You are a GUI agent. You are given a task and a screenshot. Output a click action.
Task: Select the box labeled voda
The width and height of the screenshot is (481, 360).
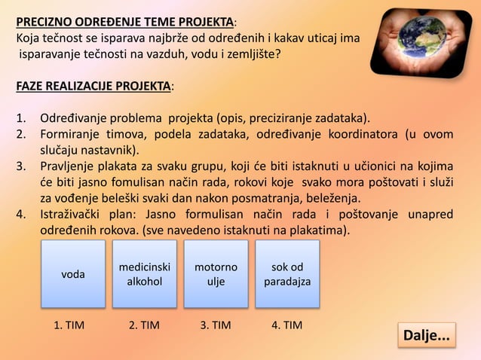pyautogui.click(x=73, y=273)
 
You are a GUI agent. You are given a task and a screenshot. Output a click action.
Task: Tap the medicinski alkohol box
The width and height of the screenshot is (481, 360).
pyautogui.click(x=145, y=273)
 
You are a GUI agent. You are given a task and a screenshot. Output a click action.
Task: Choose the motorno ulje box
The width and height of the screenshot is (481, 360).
pyautogui.click(x=216, y=273)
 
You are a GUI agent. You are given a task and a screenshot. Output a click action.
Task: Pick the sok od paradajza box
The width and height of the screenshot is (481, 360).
pyautogui.click(x=287, y=273)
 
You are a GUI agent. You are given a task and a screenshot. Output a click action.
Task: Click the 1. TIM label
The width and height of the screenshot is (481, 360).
pyautogui.click(x=69, y=325)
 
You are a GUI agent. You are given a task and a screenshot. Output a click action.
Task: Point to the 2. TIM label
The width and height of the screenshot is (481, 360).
pyautogui.click(x=143, y=325)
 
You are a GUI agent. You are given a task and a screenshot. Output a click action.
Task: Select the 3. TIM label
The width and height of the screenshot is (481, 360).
pyautogui.click(x=215, y=325)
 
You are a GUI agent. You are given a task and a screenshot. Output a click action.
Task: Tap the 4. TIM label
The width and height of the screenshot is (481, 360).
pyautogui.click(x=286, y=325)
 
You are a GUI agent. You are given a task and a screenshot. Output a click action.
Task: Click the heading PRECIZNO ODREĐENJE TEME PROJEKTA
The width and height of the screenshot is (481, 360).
pyautogui.click(x=125, y=20)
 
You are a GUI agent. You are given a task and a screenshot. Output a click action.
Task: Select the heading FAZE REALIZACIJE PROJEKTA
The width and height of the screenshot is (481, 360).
pyautogui.click(x=93, y=87)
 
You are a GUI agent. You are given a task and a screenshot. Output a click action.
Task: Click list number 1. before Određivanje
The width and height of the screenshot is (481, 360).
pyautogui.click(x=23, y=118)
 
